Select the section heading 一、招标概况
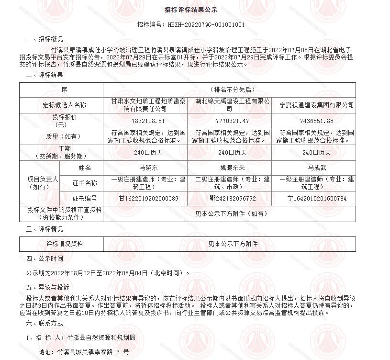point(45,39)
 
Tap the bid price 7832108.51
point(145,121)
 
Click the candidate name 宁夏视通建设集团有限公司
point(316,105)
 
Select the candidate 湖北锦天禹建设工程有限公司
point(232,105)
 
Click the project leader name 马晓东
point(145,168)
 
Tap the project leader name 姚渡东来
point(232,168)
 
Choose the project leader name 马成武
point(316,168)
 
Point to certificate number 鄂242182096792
point(233,198)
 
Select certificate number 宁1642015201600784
point(316,198)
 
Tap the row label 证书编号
point(84,198)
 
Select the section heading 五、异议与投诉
point(47,287)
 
